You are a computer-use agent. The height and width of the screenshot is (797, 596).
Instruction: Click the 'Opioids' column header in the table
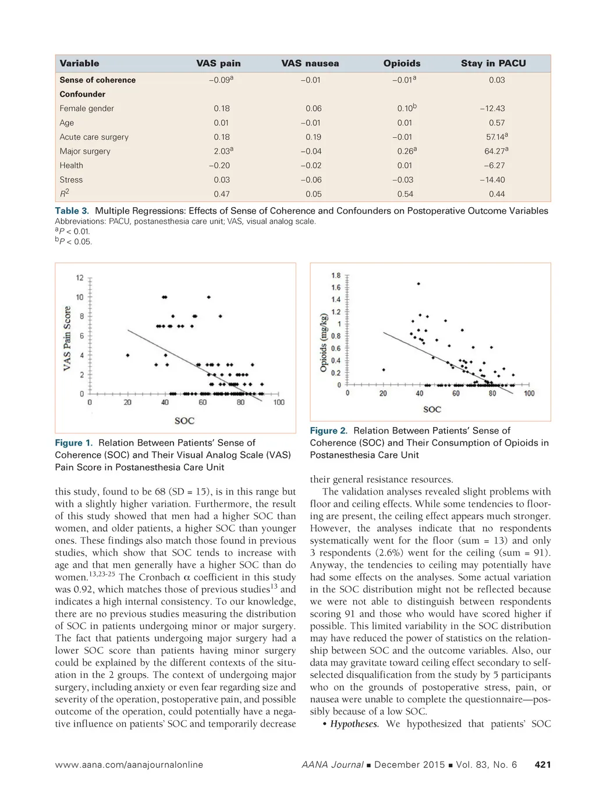(x=402, y=63)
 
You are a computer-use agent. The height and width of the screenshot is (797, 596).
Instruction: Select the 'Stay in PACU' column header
(x=493, y=63)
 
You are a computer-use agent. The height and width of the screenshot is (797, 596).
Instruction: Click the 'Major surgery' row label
(x=85, y=151)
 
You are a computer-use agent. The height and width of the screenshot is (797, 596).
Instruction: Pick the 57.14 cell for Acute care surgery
(x=496, y=137)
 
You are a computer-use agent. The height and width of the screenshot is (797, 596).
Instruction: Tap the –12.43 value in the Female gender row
(x=492, y=108)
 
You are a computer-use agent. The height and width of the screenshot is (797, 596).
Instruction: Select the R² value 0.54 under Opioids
(x=405, y=194)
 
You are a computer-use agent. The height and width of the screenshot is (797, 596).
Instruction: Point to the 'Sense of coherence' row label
(x=98, y=80)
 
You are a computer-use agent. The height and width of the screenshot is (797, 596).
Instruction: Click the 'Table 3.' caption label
(x=72, y=211)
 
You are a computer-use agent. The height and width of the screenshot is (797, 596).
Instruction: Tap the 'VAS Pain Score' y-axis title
(x=68, y=338)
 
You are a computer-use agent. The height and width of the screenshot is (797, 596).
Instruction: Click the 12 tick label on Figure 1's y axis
(x=80, y=278)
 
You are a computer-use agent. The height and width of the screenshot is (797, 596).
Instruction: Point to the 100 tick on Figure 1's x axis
(x=279, y=403)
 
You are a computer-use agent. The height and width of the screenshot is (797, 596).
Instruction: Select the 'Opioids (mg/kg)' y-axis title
(x=323, y=343)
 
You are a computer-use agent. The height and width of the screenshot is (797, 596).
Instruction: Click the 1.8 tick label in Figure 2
(x=336, y=276)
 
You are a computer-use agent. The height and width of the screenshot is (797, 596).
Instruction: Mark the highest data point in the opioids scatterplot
(x=418, y=284)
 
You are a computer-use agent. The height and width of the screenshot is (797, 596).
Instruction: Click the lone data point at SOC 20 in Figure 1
(x=127, y=355)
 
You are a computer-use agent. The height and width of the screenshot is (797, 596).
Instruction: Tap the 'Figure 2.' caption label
(x=328, y=430)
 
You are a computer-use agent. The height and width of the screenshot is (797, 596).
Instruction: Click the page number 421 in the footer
(x=542, y=765)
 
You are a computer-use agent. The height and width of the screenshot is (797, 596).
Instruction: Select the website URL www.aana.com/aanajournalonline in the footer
(x=129, y=765)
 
